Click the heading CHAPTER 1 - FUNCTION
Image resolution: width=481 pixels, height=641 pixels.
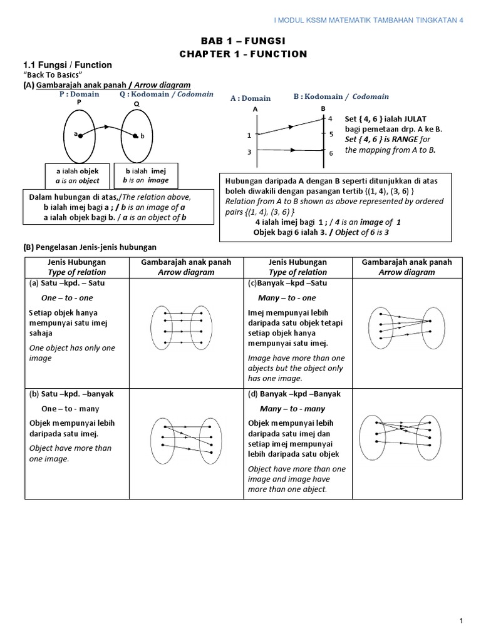pyautogui.click(x=244, y=54)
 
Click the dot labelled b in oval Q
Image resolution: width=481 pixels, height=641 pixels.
pyautogui.click(x=135, y=135)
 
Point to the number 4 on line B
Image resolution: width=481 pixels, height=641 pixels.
pyautogui.click(x=331, y=119)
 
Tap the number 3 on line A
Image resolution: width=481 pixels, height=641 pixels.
pyautogui.click(x=249, y=151)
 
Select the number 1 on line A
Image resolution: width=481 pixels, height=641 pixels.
pyautogui.click(x=249, y=135)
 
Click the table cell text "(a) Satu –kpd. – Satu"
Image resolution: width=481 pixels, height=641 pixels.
pyautogui.click(x=65, y=283)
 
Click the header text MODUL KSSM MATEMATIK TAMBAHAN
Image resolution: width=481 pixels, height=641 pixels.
pyautogui.click(x=370, y=19)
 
